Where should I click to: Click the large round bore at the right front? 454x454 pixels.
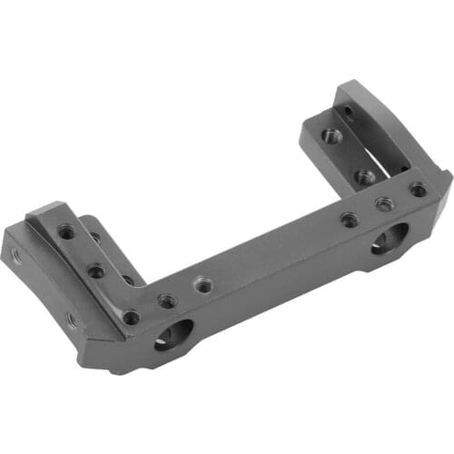[x=390, y=241]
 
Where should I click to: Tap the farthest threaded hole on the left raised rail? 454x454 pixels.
[x=66, y=232]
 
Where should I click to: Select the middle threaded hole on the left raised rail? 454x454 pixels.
[x=96, y=271]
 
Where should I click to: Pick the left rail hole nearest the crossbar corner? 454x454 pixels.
[x=132, y=317]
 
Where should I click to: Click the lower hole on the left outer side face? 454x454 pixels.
[x=70, y=320]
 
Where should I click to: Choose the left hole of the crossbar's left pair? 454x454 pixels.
[x=166, y=300]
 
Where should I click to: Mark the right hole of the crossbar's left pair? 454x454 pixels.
[x=202, y=285]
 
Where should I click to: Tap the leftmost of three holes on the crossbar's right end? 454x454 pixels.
[x=349, y=218]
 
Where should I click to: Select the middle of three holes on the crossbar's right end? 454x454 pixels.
[x=384, y=204]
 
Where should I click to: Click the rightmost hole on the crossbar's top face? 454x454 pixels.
[x=418, y=190]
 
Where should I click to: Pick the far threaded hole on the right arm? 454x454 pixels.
[x=332, y=136]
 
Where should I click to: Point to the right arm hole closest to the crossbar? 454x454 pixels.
[x=364, y=177]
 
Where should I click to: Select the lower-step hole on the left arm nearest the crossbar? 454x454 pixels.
[x=128, y=280]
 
